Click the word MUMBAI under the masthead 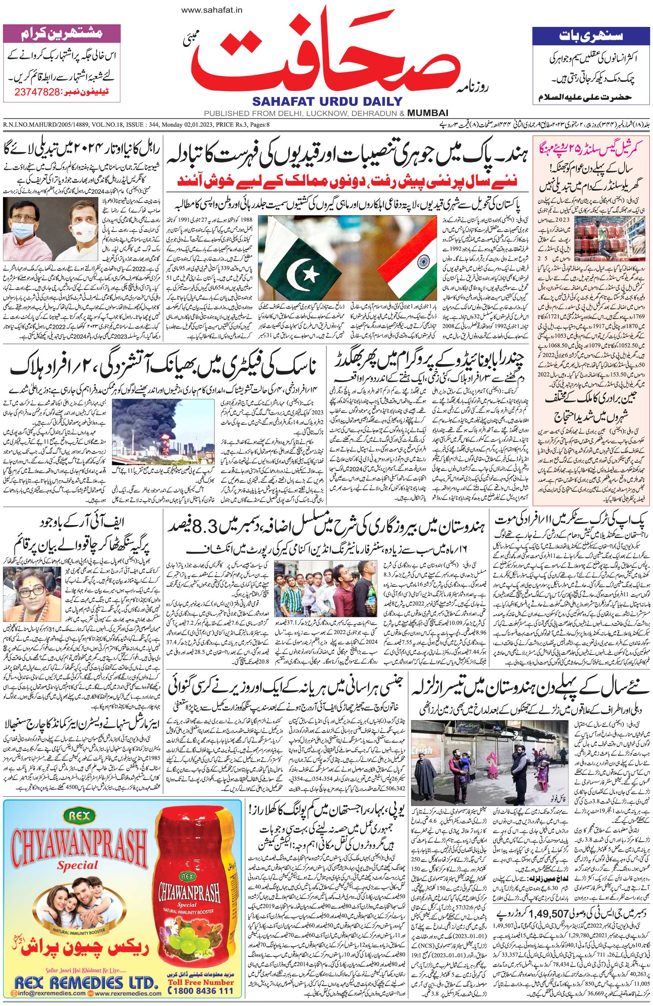[428, 113]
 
